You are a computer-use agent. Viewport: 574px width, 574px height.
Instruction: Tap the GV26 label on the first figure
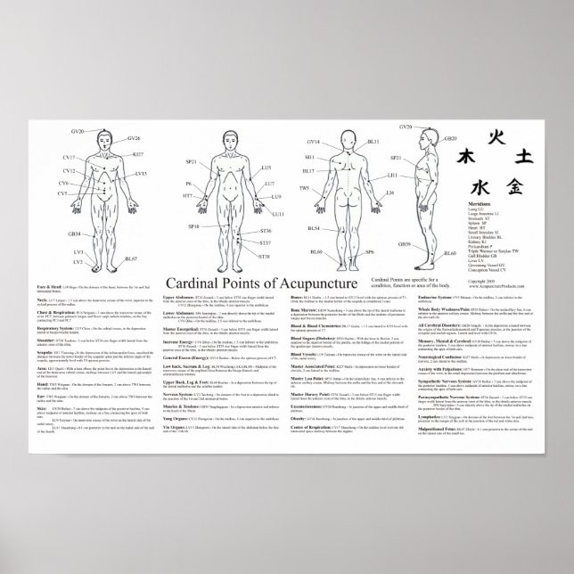[x=134, y=138]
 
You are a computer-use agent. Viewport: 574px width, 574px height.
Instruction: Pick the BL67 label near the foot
[x=131, y=258]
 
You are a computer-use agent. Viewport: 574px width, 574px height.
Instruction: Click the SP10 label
[x=193, y=227]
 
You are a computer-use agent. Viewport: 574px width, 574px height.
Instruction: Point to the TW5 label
[x=304, y=188]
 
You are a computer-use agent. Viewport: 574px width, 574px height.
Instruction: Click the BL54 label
[x=314, y=229]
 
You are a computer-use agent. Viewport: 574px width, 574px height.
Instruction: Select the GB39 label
[x=404, y=243]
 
